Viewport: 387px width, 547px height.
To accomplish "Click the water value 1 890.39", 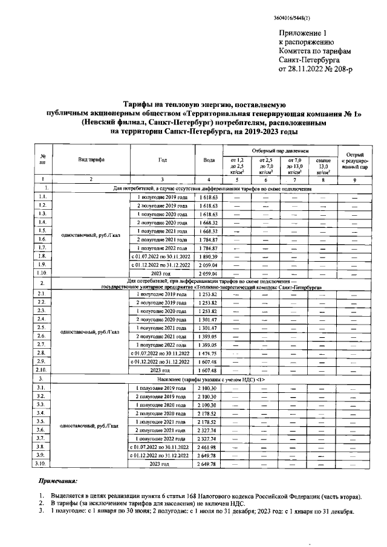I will [209, 257].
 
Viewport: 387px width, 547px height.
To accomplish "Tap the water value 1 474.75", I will [209, 353].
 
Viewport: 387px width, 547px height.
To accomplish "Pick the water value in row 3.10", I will [209, 464].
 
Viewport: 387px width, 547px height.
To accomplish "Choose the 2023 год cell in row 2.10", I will [162, 370].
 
